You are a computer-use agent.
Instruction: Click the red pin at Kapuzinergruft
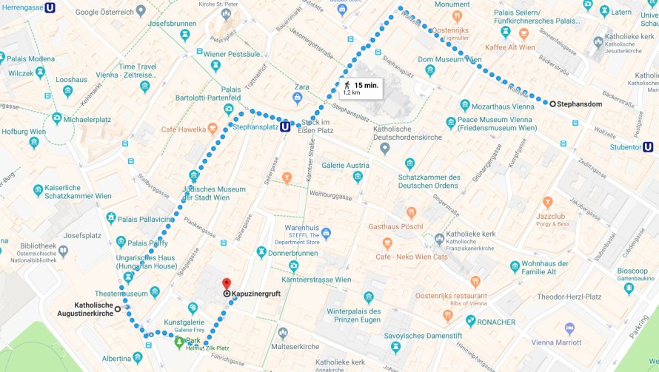(x=227, y=284)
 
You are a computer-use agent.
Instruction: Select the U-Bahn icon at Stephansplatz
(x=285, y=126)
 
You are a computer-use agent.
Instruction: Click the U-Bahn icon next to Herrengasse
(x=50, y=8)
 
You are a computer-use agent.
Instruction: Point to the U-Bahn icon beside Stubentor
(x=648, y=147)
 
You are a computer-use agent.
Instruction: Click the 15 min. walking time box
(x=361, y=89)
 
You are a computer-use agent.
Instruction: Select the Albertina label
(x=116, y=359)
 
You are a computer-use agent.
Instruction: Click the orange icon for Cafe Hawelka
(x=213, y=128)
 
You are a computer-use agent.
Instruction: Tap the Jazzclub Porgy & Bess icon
(x=547, y=202)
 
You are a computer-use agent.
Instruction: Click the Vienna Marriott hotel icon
(x=569, y=328)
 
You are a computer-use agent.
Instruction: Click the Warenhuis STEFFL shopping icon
(x=326, y=234)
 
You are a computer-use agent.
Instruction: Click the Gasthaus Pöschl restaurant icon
(x=411, y=213)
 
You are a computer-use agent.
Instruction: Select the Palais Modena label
(x=30, y=59)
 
